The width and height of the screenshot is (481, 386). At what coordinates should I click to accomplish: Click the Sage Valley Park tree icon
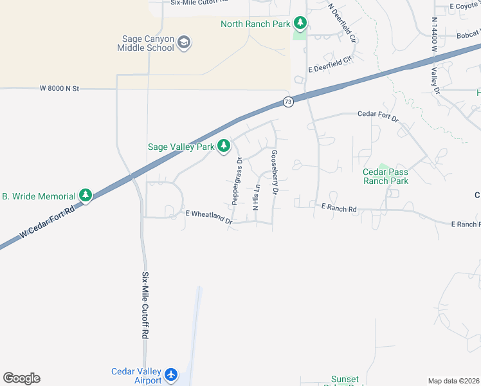click(224, 147)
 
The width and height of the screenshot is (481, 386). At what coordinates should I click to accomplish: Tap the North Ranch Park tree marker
click(300, 24)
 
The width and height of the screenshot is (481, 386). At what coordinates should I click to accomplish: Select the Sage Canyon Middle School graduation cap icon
click(185, 43)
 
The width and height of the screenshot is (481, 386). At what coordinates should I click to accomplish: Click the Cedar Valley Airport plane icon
click(170, 374)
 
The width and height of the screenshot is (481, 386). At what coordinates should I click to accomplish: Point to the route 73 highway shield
click(288, 102)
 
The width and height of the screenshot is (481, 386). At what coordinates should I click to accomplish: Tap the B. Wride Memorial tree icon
click(86, 195)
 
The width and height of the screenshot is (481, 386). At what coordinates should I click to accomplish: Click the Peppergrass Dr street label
click(237, 181)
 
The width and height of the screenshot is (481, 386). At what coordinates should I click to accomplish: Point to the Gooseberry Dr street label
click(275, 172)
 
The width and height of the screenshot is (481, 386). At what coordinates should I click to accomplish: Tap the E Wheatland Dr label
click(208, 217)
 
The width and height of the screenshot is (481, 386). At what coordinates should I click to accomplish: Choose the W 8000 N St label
click(59, 88)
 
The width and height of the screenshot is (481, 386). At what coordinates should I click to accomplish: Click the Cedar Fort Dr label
click(378, 116)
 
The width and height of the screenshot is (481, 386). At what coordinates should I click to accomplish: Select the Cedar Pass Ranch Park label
click(386, 176)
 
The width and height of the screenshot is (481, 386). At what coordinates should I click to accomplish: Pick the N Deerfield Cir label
click(342, 23)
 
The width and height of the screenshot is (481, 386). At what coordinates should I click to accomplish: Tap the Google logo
click(21, 378)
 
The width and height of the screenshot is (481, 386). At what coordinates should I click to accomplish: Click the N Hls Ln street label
click(256, 197)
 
